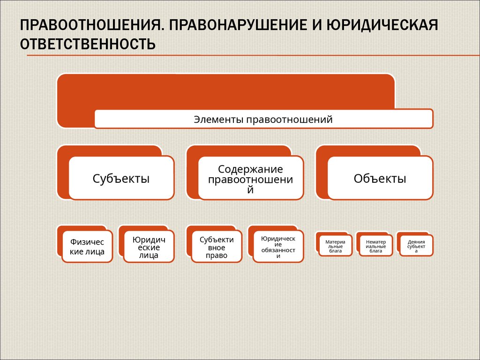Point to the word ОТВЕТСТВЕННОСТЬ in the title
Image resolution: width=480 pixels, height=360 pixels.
(87, 45)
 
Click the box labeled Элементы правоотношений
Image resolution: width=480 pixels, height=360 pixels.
(263, 119)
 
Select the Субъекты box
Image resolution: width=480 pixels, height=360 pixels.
(121, 178)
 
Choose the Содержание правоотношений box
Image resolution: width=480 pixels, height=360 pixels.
(250, 179)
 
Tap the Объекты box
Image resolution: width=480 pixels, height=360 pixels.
(380, 178)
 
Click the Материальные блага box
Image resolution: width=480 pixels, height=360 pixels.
(335, 246)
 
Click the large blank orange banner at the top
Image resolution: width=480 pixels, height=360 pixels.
(225, 91)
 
